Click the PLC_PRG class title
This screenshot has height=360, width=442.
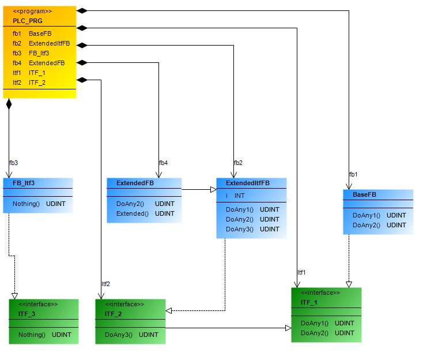click(27, 21)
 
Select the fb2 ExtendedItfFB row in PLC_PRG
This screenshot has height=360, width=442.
click(41, 43)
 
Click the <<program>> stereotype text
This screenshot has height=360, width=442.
click(32, 11)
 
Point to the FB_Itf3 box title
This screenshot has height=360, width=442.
click(24, 183)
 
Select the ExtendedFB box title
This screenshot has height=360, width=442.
click(134, 183)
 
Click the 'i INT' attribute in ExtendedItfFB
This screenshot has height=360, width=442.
click(235, 196)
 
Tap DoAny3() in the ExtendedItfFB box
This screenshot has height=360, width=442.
click(252, 229)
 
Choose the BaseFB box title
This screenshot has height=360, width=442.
click(364, 194)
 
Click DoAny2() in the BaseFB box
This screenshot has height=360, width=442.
click(379, 225)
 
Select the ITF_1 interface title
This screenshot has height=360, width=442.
click(309, 302)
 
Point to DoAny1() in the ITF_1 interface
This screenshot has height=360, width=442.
click(327, 323)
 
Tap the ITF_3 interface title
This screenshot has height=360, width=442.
click(27, 314)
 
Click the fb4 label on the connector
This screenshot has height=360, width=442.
click(163, 163)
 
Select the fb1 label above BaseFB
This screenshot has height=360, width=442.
click(353, 174)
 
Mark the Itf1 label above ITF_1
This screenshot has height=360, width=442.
click(301, 272)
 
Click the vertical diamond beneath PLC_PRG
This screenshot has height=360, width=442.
click(9, 104)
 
